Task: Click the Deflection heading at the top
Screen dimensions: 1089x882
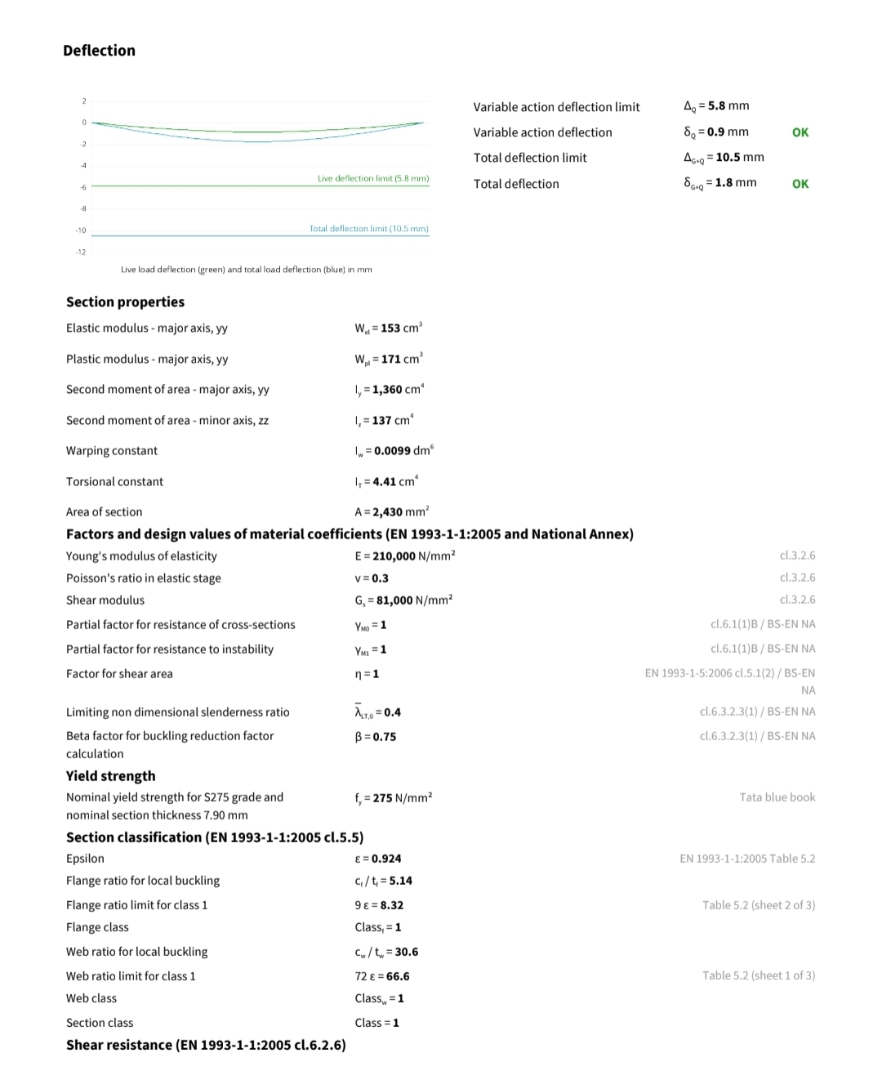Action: (99, 51)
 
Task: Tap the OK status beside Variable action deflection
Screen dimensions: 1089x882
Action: (800, 132)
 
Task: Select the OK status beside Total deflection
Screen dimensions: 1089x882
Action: (800, 184)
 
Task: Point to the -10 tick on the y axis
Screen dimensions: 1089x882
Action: (81, 230)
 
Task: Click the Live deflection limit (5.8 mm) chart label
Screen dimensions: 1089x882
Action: (373, 178)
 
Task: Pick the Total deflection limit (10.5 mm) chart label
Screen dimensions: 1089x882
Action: (368, 229)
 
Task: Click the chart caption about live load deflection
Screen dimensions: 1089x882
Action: (246, 270)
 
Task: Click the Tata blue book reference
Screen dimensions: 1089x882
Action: (777, 797)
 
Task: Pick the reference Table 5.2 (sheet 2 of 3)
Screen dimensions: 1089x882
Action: (759, 905)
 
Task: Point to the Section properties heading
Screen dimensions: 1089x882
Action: (125, 302)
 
